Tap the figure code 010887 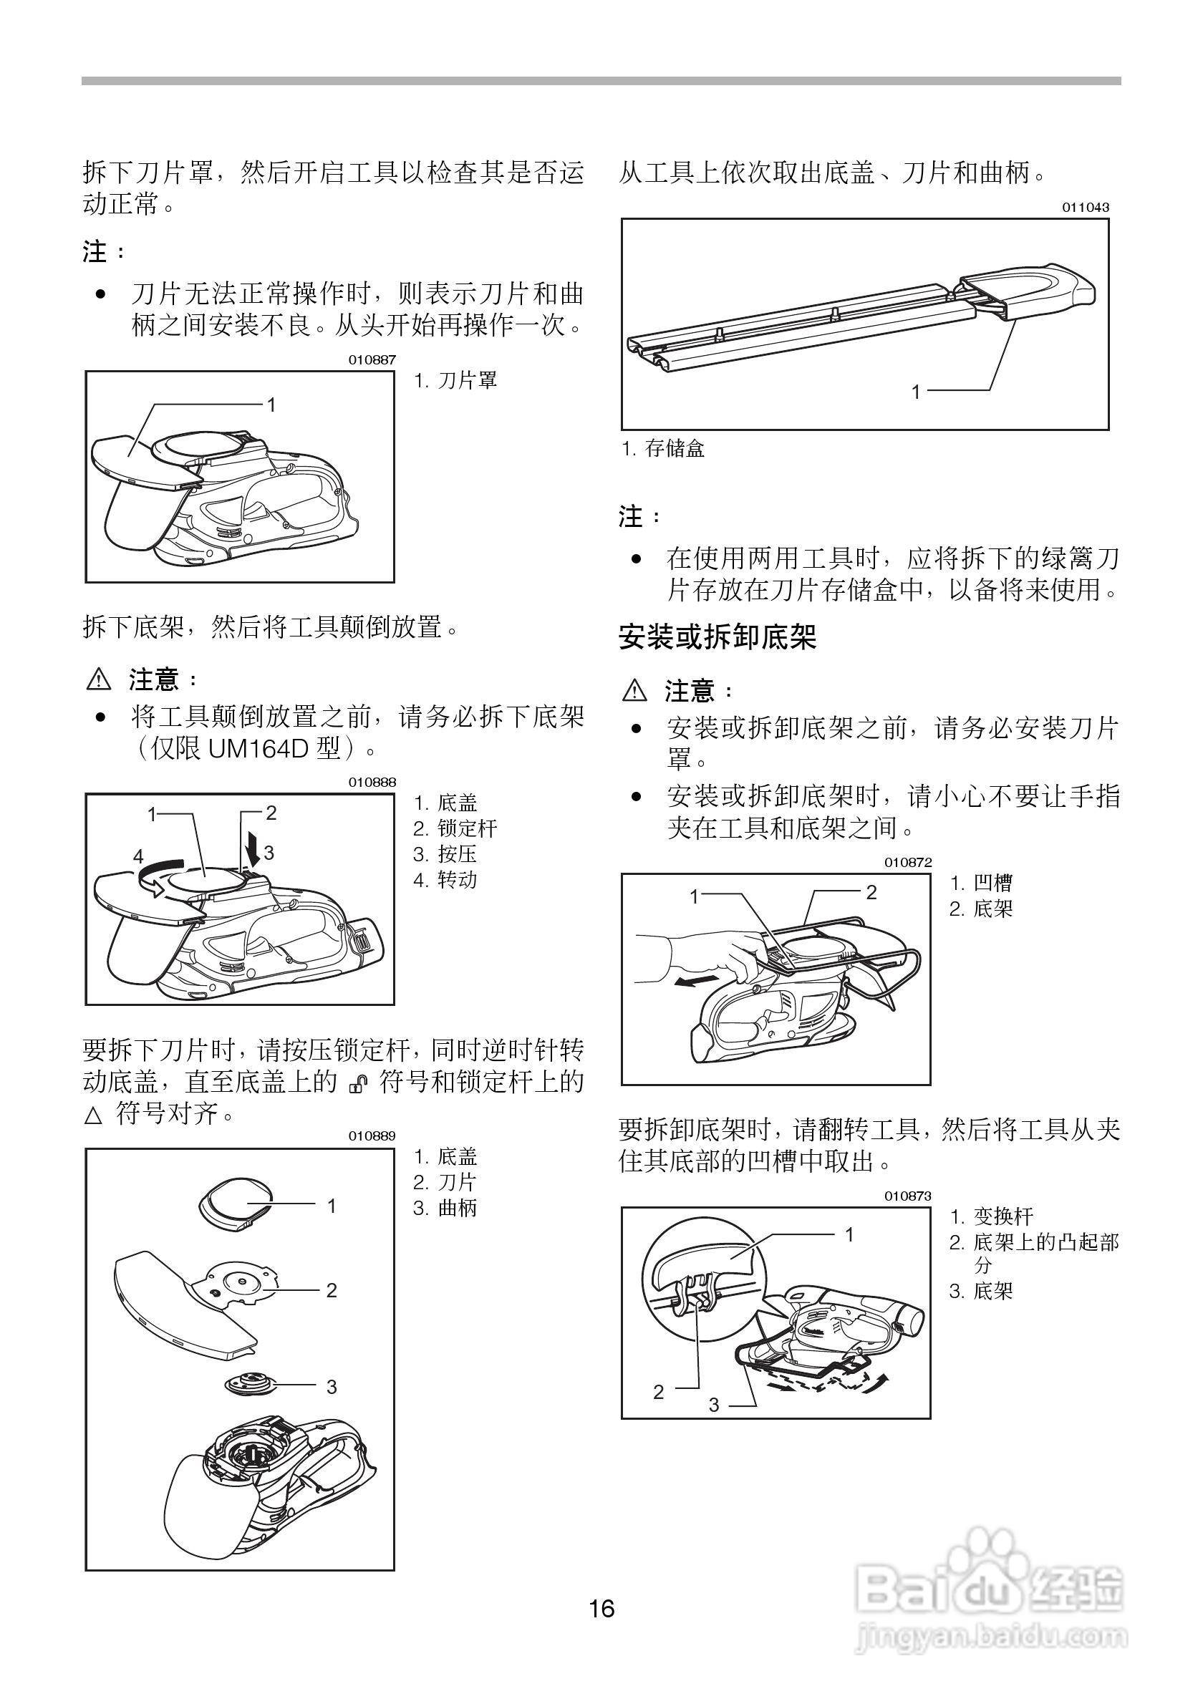point(372,360)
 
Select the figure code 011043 point(1085,208)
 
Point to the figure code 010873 point(907,1196)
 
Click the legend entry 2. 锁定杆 point(455,828)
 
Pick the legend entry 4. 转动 point(445,880)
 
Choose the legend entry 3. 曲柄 point(445,1209)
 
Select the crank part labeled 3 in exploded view point(247,1383)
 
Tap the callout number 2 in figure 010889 point(331,1291)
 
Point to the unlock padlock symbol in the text point(358,1084)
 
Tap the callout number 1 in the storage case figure point(916,391)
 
